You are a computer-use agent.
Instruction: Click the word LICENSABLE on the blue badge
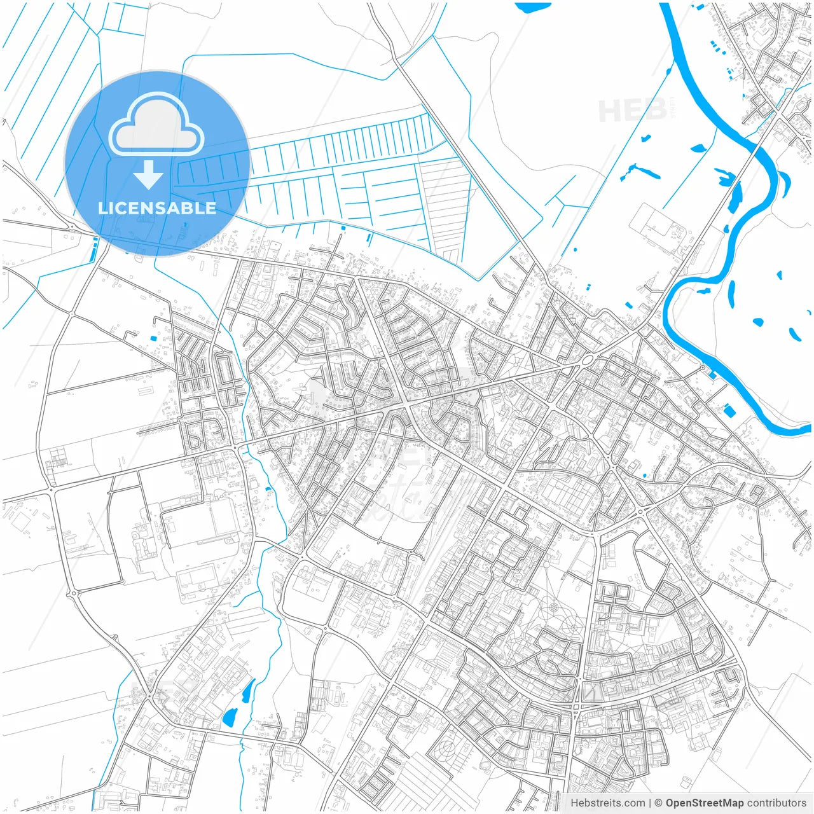156,208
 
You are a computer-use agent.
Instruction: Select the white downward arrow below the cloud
149,176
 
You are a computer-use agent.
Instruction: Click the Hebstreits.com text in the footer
607,803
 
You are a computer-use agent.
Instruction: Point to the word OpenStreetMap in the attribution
704,803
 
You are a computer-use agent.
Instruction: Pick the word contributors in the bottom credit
776,803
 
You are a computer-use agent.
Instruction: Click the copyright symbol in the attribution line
658,803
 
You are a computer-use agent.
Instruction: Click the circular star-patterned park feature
554,607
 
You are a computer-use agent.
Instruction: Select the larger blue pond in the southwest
230,717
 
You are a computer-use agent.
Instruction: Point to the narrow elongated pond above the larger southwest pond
247,691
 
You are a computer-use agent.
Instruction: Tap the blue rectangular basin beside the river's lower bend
729,411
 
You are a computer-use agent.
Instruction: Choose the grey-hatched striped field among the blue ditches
445,203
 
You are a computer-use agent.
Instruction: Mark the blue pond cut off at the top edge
533,6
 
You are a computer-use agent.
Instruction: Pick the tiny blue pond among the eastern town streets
645,475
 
